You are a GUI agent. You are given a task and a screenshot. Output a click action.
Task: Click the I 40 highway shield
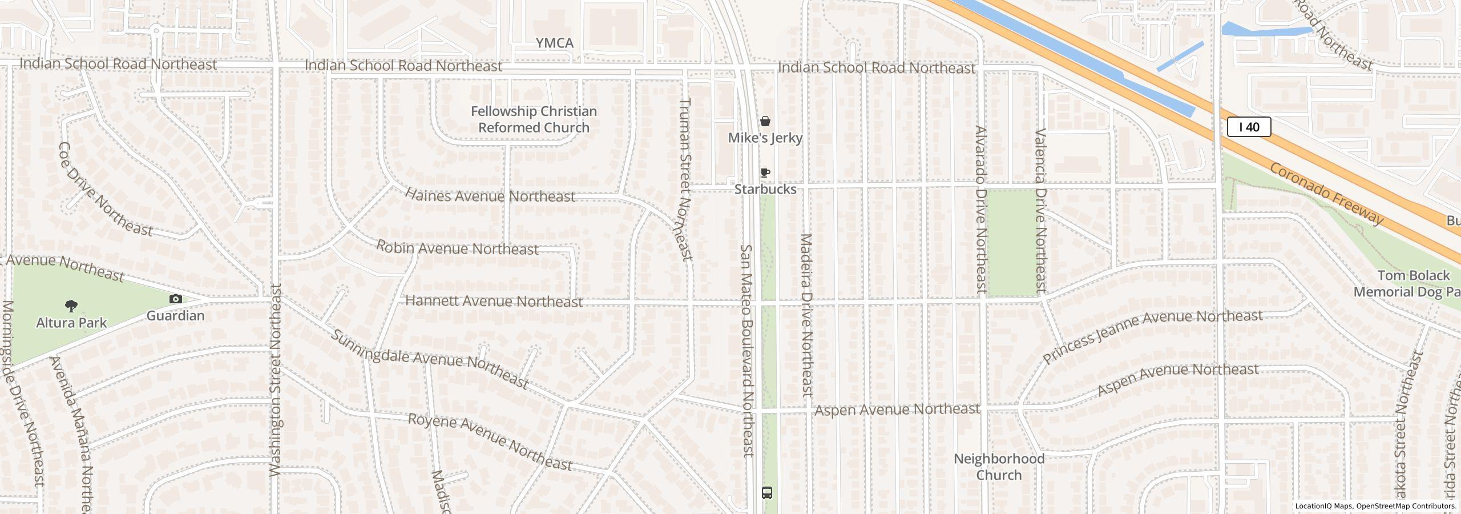(x=1249, y=127)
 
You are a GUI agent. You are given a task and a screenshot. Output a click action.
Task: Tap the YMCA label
(x=554, y=43)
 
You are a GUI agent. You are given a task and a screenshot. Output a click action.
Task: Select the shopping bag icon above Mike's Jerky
(x=765, y=121)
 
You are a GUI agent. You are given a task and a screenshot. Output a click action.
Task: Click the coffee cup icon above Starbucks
(x=765, y=172)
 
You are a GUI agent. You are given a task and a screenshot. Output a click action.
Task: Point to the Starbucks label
(x=765, y=189)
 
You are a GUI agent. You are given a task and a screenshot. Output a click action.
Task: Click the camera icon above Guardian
(x=175, y=299)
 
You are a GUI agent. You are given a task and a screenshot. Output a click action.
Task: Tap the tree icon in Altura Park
(x=71, y=306)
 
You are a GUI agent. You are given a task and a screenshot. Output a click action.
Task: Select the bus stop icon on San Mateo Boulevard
(x=767, y=492)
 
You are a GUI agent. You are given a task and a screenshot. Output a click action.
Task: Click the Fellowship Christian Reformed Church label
(x=534, y=119)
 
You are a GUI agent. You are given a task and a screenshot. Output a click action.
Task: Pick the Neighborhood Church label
(x=999, y=467)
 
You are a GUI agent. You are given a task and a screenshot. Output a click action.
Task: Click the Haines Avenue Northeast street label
(x=490, y=196)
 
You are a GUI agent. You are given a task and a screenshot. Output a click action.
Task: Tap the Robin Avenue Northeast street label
(x=457, y=248)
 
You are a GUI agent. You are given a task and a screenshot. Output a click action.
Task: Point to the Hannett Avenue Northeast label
(x=494, y=301)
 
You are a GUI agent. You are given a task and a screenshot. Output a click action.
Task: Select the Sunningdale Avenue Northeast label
(x=429, y=359)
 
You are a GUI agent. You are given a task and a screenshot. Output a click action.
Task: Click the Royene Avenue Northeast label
(x=490, y=442)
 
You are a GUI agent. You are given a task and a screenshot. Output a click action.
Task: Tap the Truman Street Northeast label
(x=685, y=179)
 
